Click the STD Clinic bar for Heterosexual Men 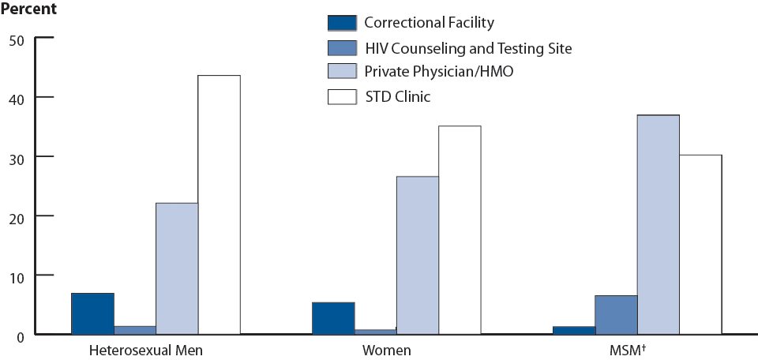(219, 204)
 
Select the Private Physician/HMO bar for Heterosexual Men (177, 268)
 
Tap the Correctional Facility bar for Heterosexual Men (92, 313)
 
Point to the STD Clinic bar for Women (460, 230)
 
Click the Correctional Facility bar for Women (333, 318)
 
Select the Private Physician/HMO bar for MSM (659, 224)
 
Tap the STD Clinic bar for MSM (700, 244)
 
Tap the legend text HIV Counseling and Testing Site (467, 48)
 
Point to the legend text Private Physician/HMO (444, 73)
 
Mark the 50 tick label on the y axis (17, 39)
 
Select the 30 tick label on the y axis (17, 157)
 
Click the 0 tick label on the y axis (21, 335)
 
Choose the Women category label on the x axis (387, 350)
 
